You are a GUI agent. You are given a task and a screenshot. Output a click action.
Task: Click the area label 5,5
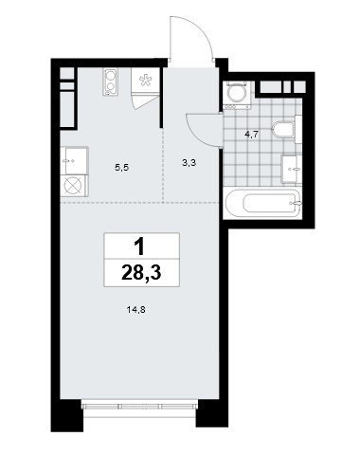point(121,168)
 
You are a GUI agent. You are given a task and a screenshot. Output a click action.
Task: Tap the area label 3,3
point(189,163)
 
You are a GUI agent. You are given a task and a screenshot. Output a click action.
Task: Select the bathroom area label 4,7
point(252,135)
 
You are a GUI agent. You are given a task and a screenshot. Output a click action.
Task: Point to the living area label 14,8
point(135,310)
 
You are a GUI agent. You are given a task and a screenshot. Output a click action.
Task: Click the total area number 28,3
point(141,273)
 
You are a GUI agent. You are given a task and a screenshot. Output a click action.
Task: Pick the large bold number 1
point(138,246)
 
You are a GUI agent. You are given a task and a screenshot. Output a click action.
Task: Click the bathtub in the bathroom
point(262,203)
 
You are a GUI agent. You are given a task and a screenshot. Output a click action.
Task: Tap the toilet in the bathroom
point(283,129)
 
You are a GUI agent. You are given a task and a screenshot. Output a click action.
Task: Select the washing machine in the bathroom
point(237,95)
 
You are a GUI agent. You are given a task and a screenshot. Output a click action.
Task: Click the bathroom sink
point(292,168)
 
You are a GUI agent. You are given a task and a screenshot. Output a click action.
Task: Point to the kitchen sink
point(75,160)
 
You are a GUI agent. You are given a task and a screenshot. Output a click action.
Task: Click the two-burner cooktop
point(111,82)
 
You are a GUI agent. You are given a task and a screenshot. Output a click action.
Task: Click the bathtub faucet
point(296,203)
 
